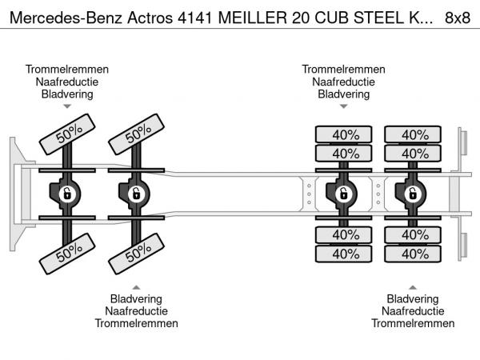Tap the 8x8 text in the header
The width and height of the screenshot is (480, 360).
point(457,17)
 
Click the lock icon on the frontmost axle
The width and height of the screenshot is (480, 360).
point(67,194)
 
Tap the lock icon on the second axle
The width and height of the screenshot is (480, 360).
point(136,194)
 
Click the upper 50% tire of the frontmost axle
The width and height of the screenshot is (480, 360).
point(69,133)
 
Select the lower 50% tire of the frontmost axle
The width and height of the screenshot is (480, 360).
point(69,254)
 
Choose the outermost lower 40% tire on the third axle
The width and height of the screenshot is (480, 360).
point(346,254)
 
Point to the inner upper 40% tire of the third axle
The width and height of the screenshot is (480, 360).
point(346,153)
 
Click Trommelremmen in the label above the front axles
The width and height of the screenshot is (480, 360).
point(67,70)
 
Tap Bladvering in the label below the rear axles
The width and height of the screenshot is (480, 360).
point(413,298)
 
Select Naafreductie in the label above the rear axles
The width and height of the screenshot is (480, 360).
point(344,82)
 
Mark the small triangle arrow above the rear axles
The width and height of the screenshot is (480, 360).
point(344,106)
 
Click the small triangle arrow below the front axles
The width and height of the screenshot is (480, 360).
point(137,286)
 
